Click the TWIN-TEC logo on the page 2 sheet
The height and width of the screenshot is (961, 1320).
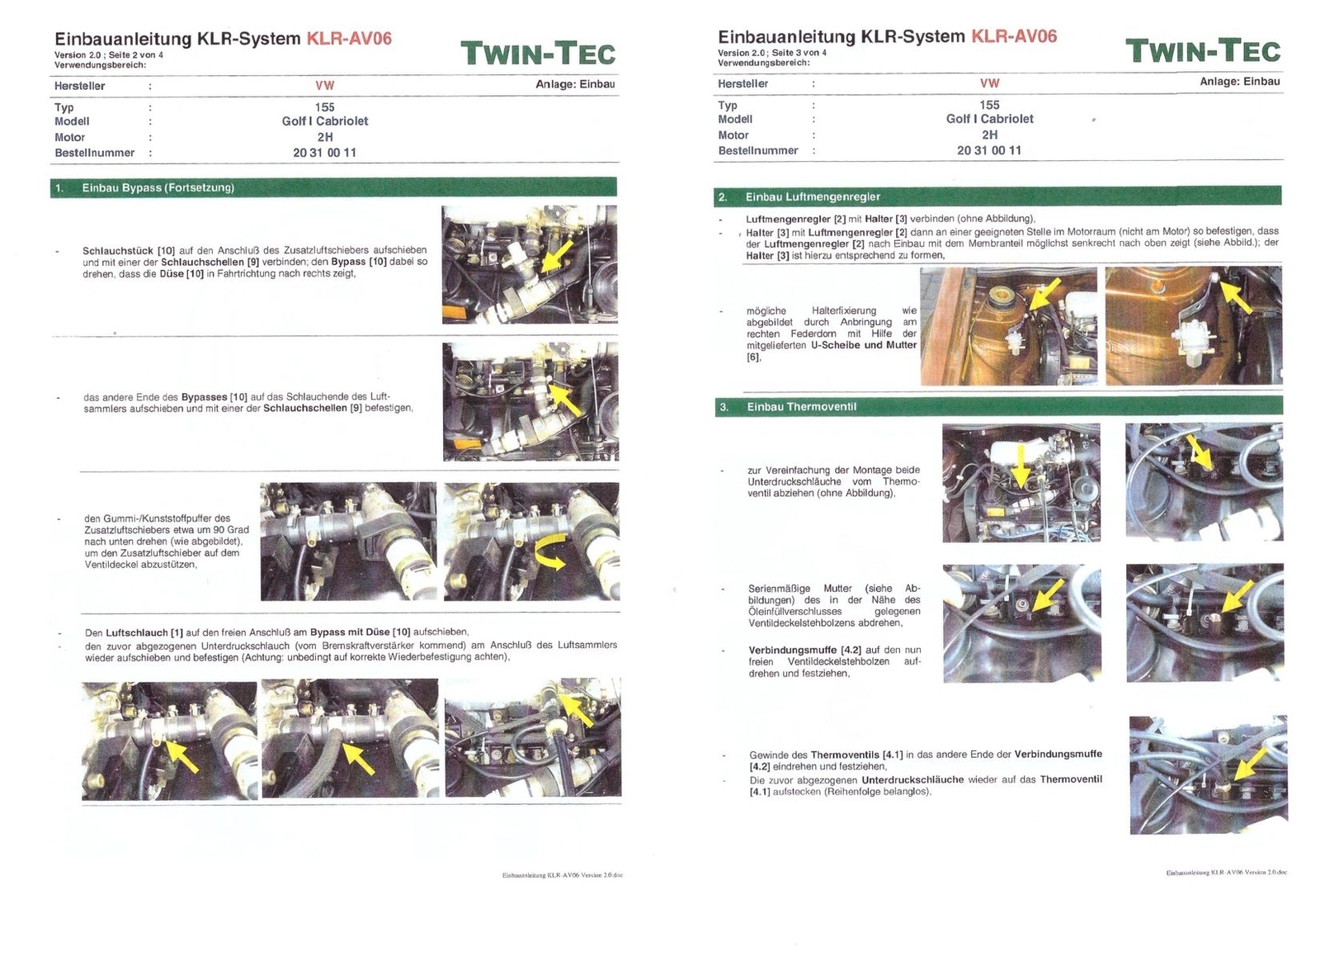click(538, 54)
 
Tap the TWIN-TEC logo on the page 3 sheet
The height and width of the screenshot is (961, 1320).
click(1203, 51)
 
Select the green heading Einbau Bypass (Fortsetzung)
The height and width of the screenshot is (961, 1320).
click(158, 187)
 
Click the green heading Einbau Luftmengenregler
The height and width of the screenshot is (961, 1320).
click(813, 197)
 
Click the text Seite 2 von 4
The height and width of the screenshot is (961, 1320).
click(136, 55)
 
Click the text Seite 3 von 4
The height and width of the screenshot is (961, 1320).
click(799, 53)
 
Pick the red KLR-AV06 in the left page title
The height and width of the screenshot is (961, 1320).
click(349, 39)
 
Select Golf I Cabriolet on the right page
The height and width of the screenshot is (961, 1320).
click(989, 119)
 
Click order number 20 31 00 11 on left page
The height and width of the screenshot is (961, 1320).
click(325, 153)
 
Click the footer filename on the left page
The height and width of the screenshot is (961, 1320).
click(562, 875)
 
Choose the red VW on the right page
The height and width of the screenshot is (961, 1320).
click(989, 83)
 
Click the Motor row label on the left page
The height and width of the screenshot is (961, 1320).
click(69, 137)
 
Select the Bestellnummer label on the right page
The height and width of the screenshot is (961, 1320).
click(758, 150)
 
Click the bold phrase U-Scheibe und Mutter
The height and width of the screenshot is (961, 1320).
click(863, 345)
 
